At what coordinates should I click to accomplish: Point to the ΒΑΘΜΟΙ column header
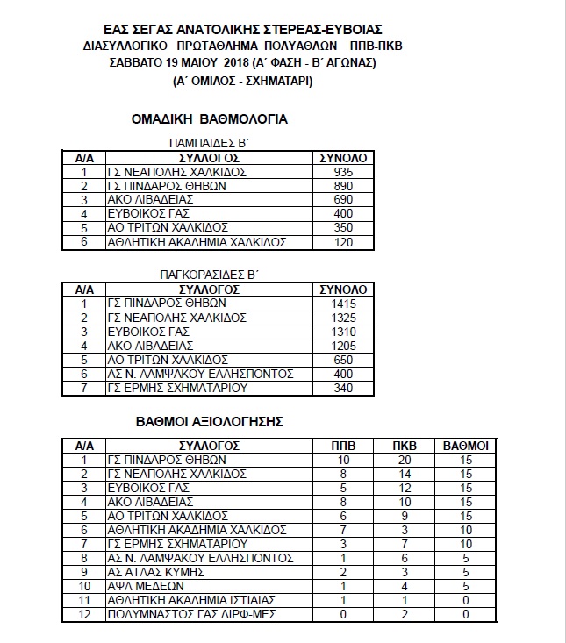(x=466, y=446)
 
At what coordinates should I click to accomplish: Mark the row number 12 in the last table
(x=85, y=613)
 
